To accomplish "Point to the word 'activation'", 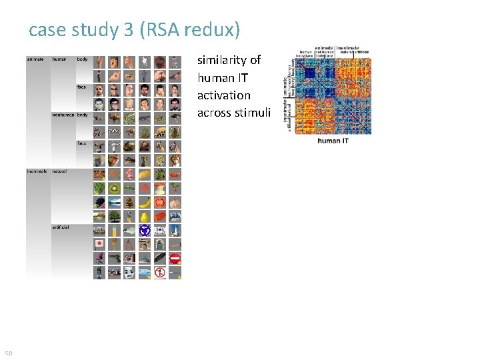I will (x=224, y=95).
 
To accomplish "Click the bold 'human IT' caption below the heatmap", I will (x=333, y=141).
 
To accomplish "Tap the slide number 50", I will (x=9, y=353).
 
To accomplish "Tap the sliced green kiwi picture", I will (x=114, y=189).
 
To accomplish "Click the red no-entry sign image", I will (x=175, y=258).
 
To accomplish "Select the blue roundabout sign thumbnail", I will (x=145, y=230).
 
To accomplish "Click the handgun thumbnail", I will (x=114, y=258).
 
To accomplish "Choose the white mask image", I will (x=129, y=272).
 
